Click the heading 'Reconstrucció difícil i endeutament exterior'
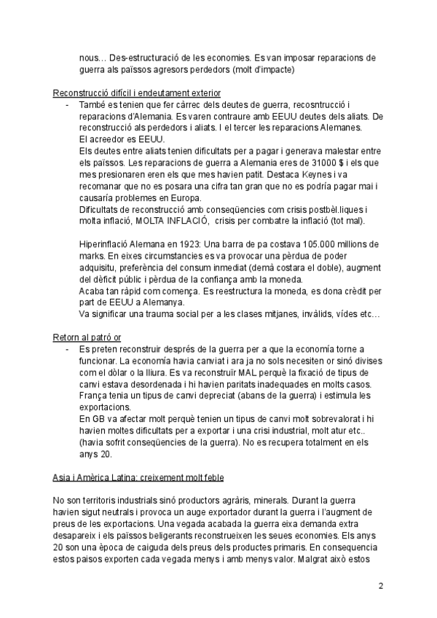pyautogui.click(x=137, y=93)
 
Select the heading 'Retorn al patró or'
pyautogui.click(x=87, y=337)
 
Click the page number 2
pyautogui.click(x=381, y=585)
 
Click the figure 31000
pyautogui.click(x=266, y=175)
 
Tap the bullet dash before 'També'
pyautogui.click(x=66, y=105)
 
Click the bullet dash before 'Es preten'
pyautogui.click(x=66, y=350)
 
